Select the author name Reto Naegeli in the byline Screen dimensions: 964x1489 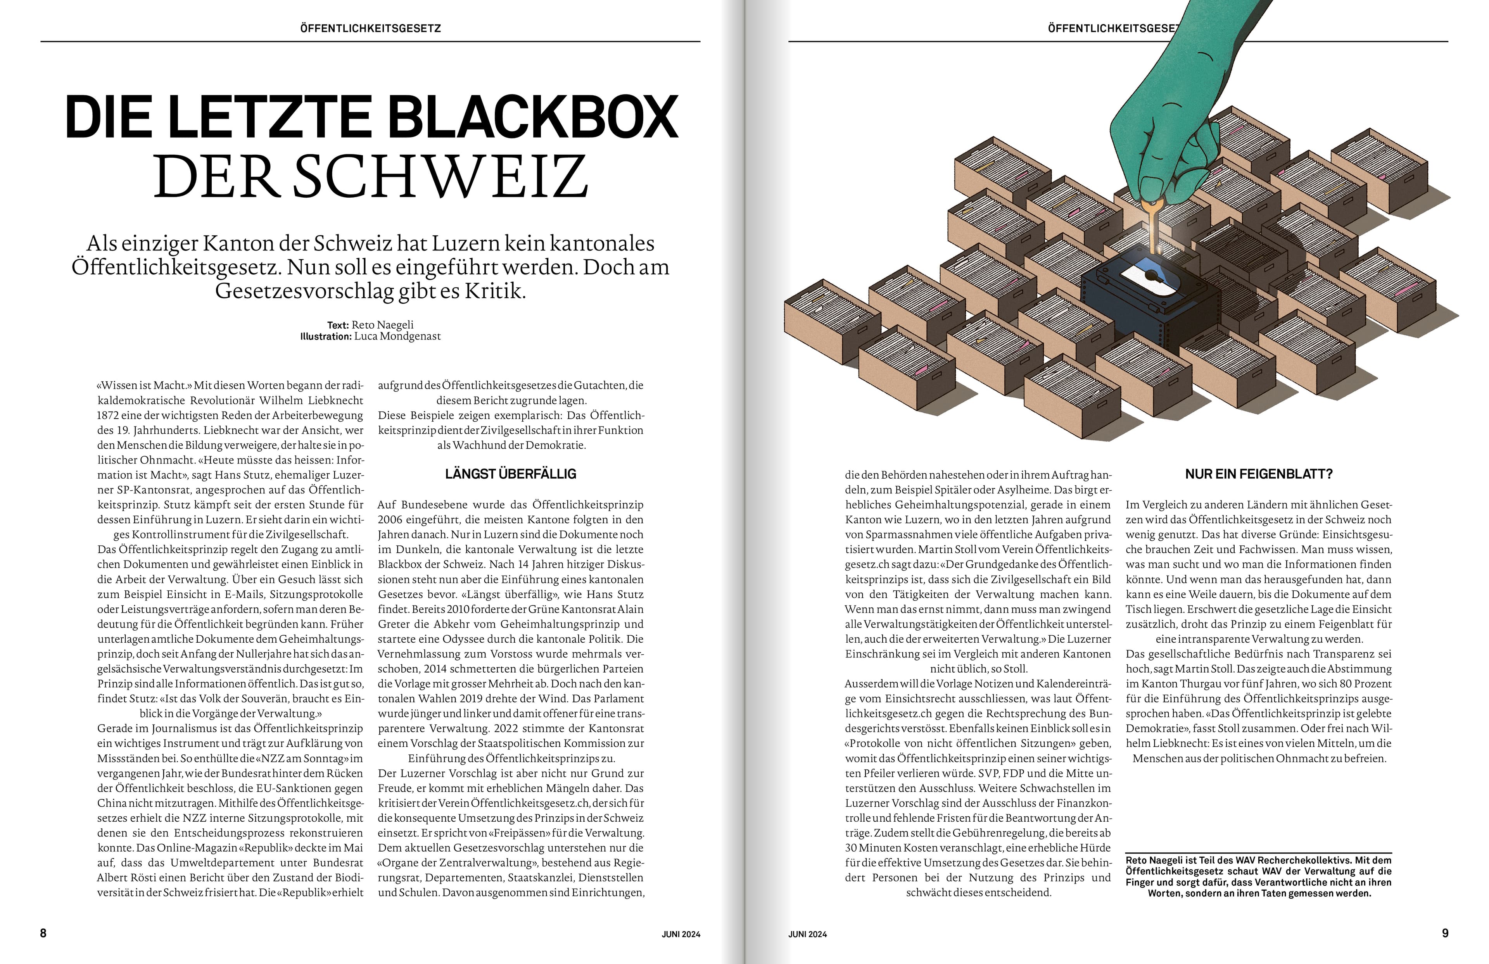coord(382,325)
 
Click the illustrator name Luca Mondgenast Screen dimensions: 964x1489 coord(397,336)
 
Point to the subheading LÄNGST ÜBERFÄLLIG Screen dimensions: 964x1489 coord(511,474)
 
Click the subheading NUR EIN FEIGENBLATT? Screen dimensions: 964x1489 coord(1259,474)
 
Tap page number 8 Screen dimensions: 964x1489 coord(43,933)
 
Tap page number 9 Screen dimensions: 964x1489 coord(1445,933)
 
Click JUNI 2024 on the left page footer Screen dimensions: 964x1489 coord(681,934)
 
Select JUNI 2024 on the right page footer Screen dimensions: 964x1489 coord(807,934)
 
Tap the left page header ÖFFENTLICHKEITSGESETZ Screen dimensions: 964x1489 coord(370,28)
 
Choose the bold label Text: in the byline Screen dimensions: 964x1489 coord(338,325)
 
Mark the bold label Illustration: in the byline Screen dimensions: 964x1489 coord(325,336)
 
